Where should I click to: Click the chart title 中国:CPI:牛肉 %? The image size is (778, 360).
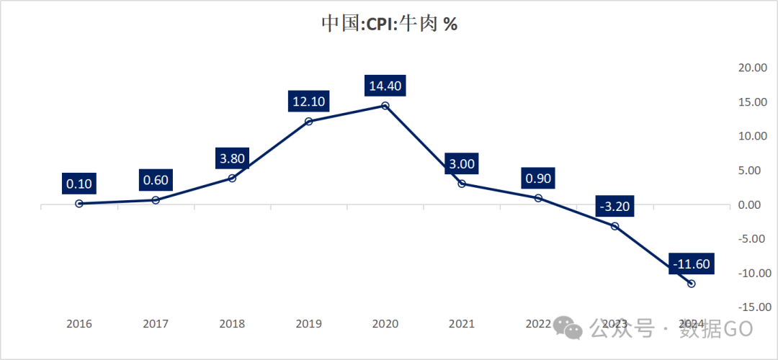pyautogui.click(x=389, y=23)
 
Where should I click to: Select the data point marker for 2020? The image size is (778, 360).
pyautogui.click(x=385, y=106)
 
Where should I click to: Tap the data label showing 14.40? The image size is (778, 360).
pyautogui.click(x=385, y=85)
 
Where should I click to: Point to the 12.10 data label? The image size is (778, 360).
pyautogui.click(x=308, y=101)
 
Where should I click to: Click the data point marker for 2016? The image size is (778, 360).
pyautogui.click(x=79, y=204)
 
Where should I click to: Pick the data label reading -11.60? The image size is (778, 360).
pyautogui.click(x=691, y=264)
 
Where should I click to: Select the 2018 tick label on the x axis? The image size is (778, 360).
pyautogui.click(x=232, y=324)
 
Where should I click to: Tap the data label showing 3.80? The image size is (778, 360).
pyautogui.click(x=232, y=157)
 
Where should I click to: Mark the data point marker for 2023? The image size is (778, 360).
pyautogui.click(x=614, y=226)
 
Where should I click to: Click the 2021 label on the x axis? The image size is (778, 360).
pyautogui.click(x=461, y=324)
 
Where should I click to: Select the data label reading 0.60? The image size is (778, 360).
pyautogui.click(x=156, y=179)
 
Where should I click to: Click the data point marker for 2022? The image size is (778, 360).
pyautogui.click(x=538, y=197)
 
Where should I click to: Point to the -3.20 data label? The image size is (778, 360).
pyautogui.click(x=614, y=206)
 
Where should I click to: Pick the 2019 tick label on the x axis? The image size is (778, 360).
pyautogui.click(x=308, y=324)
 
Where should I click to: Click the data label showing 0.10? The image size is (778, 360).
pyautogui.click(x=79, y=183)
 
